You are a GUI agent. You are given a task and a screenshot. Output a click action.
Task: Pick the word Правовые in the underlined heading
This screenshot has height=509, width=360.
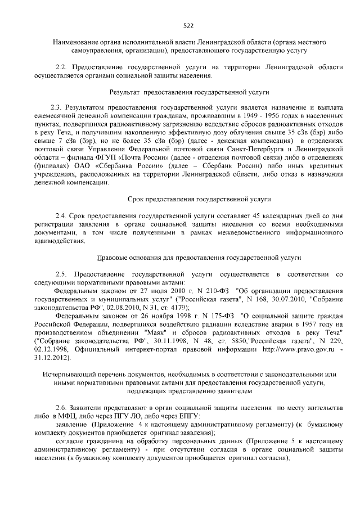pyautogui.click(x=112, y=257)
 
